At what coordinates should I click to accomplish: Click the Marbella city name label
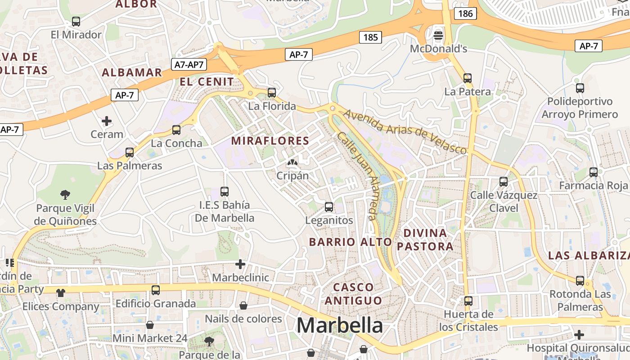coord(340,325)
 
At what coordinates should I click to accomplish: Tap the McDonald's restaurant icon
coord(438,35)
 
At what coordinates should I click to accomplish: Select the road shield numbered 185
coord(370,37)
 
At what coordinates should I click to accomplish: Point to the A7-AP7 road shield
coord(189,64)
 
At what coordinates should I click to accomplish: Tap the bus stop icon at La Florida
coord(272,93)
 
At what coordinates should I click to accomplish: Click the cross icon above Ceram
coord(107,121)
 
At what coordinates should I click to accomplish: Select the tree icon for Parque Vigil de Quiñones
coord(65,195)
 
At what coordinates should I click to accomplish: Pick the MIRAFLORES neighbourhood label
coord(270,141)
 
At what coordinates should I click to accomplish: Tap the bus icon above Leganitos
coord(329,207)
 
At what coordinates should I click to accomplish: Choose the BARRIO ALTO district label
coord(351,242)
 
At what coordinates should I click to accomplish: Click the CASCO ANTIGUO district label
coord(353,293)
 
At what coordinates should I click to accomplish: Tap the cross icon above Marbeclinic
coord(240,264)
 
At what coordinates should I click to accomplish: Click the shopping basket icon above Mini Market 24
coord(150,325)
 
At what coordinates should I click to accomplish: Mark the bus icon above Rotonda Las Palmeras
coord(580,280)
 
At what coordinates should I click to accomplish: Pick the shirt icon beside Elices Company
coord(61,293)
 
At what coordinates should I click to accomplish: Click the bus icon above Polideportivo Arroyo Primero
coord(580,88)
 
